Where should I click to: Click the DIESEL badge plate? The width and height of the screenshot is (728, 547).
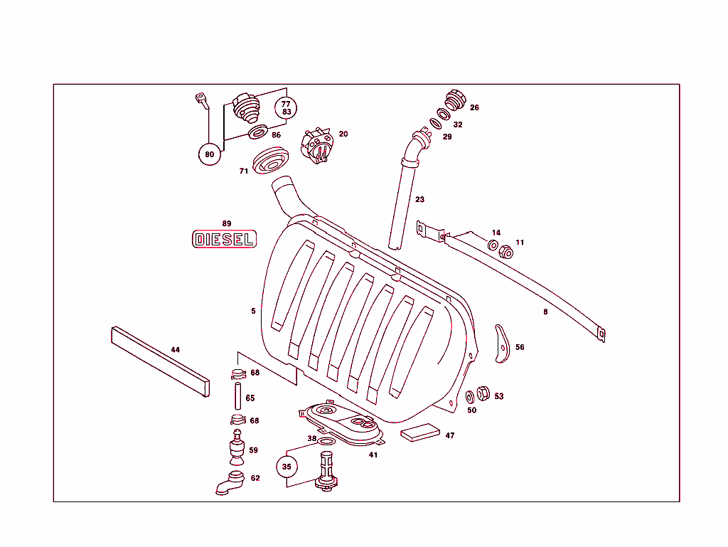pyautogui.click(x=224, y=239)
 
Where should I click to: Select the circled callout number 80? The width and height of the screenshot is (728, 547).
pyautogui.click(x=209, y=154)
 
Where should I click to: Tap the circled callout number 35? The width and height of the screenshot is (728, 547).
pyautogui.click(x=287, y=467)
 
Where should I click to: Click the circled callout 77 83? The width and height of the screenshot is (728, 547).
pyautogui.click(x=287, y=107)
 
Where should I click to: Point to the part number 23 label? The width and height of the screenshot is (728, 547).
pyautogui.click(x=419, y=199)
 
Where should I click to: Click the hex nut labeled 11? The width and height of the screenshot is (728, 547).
pyautogui.click(x=507, y=252)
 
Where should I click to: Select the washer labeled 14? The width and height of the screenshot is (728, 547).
pyautogui.click(x=493, y=245)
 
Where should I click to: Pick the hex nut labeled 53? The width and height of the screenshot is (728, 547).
pyautogui.click(x=481, y=392)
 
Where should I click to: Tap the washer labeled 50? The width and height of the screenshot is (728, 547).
pyautogui.click(x=470, y=396)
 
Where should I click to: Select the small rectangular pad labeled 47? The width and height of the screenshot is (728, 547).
pyautogui.click(x=422, y=433)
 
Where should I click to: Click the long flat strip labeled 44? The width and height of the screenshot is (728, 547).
pyautogui.click(x=160, y=361)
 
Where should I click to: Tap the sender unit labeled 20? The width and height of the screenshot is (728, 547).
pyautogui.click(x=318, y=146)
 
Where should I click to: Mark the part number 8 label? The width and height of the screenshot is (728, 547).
pyautogui.click(x=545, y=311)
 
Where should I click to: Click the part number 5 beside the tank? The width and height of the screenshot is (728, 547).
pyautogui.click(x=252, y=311)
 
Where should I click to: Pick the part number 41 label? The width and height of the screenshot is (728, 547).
pyautogui.click(x=373, y=455)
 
